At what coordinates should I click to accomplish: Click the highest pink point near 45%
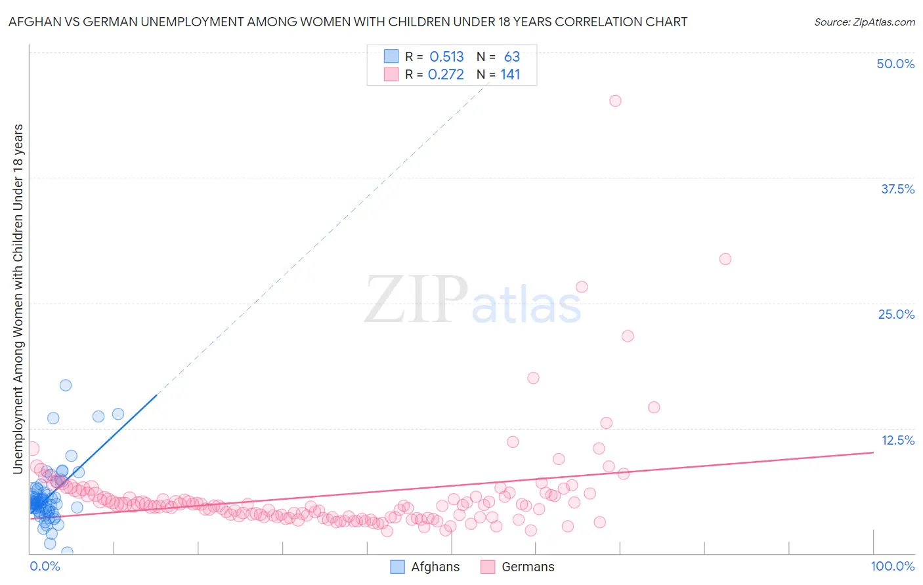pos(615,101)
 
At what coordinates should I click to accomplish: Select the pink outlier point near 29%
pos(725,259)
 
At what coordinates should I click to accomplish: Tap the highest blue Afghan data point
pos(66,385)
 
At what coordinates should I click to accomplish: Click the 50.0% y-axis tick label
pos(895,64)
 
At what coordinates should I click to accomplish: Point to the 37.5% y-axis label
pos(897,189)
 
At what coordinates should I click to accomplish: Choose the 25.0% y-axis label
pos(896,314)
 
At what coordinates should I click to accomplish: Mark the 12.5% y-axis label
pos(897,440)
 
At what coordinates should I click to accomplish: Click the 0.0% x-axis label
pos(45,566)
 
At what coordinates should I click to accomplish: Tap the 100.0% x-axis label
pos(892,566)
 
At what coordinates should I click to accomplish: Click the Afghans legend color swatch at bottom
pos(397,567)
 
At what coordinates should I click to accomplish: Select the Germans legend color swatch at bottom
pos(487,567)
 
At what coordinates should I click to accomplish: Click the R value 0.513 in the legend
pos(446,57)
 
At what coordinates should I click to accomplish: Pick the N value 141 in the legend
pos(510,75)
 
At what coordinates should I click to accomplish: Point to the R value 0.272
pos(446,75)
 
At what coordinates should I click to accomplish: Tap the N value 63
pos(512,57)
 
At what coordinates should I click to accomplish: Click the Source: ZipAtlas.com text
pos(864,22)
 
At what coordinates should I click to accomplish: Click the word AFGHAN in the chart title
pos(32,22)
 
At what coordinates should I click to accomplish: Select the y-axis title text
pos(18,298)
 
